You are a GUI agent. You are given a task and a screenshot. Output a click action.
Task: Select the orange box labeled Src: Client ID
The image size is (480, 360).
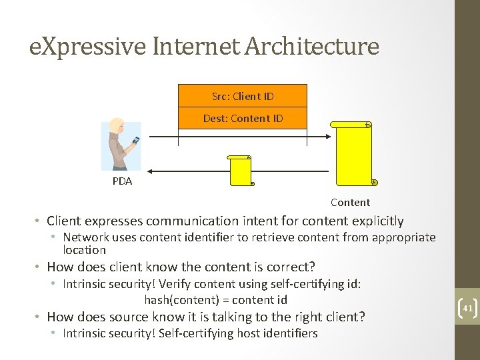coord(243,96)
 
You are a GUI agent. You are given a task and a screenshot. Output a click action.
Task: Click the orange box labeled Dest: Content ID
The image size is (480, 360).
coord(243,119)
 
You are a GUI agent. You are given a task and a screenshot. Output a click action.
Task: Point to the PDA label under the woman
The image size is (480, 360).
coord(122,181)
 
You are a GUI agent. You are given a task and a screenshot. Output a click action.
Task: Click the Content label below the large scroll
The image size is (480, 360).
coord(350,203)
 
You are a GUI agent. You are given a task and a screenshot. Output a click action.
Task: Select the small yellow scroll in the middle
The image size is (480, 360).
coord(239,171)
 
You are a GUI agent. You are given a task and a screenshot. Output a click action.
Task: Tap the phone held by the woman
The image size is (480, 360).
coord(136,140)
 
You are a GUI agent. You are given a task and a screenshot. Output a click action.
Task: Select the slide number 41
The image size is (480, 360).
coord(466,308)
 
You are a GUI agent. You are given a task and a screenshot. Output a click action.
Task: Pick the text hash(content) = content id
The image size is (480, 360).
coord(215,300)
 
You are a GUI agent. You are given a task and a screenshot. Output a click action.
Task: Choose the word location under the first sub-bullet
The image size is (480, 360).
coord(84,251)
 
